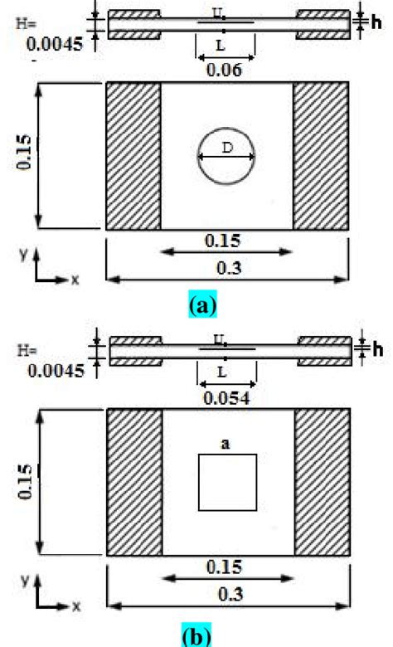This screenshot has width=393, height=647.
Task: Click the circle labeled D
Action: click(226, 157)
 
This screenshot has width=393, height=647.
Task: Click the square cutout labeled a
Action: click(226, 482)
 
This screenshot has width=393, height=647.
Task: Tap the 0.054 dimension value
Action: click(226, 399)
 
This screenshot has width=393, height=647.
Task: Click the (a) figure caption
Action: click(203, 306)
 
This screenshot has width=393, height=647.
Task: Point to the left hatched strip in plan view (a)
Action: click(133, 156)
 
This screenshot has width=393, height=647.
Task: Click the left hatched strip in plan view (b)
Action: click(133, 482)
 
